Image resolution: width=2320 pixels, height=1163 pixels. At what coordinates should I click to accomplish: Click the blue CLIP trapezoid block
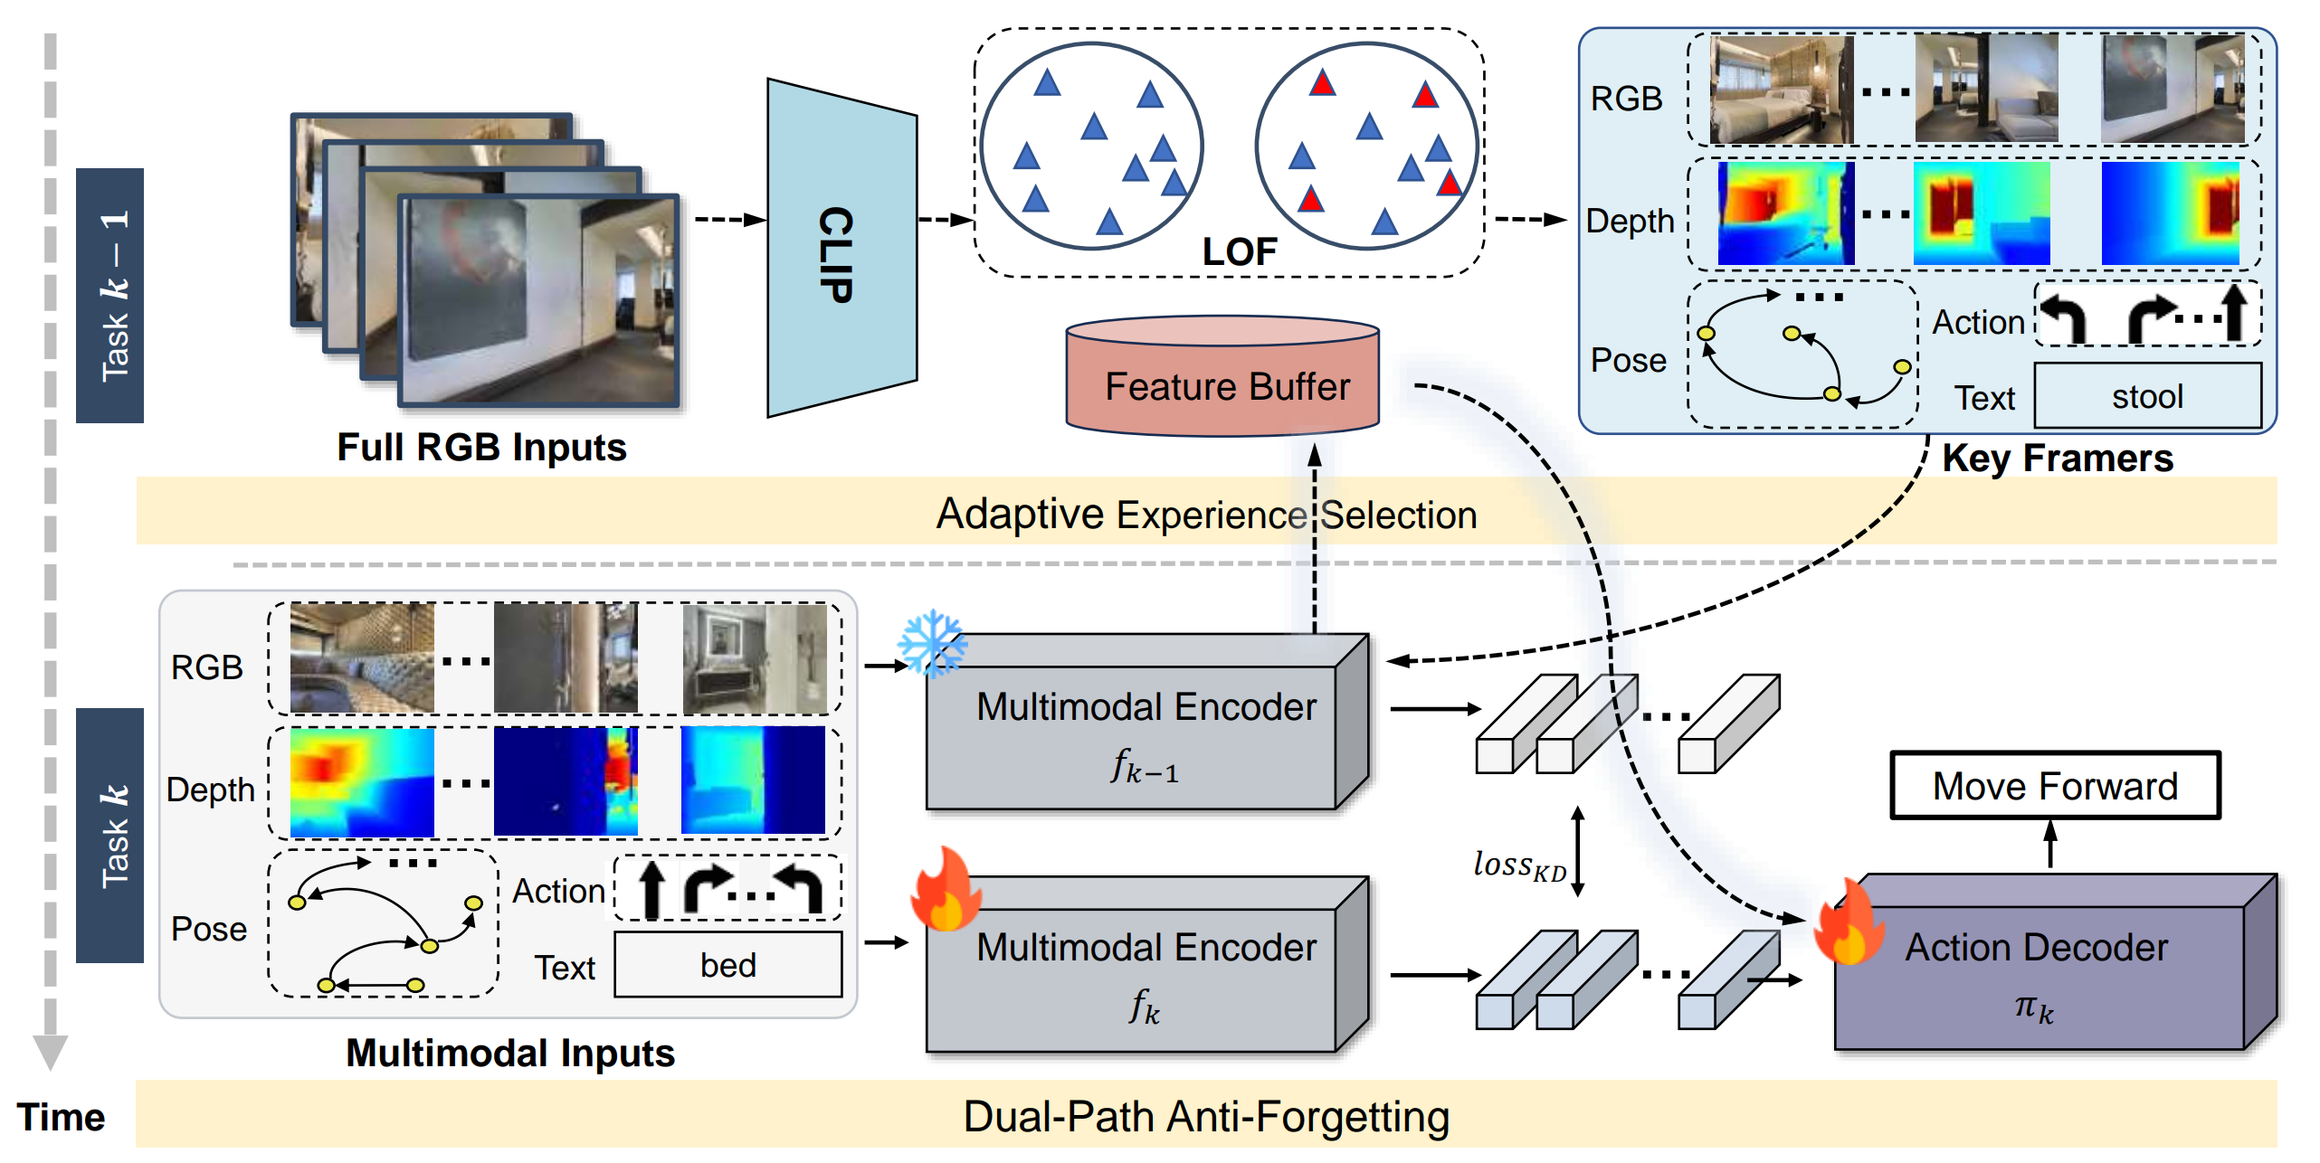[x=841, y=249]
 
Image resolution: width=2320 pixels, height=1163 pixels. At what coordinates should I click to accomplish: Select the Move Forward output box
[x=2054, y=785]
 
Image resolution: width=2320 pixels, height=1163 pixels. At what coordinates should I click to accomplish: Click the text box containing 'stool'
[x=2146, y=396]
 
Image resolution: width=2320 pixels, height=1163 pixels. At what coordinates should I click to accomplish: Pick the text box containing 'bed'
[x=727, y=965]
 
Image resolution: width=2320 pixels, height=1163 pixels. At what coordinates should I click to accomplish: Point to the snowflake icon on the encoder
[x=931, y=644]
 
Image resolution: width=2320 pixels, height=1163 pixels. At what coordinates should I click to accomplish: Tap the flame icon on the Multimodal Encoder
[x=946, y=892]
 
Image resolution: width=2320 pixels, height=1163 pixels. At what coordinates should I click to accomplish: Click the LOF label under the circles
[x=1239, y=251]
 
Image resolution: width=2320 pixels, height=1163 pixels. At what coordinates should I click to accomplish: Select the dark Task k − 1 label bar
[x=110, y=295]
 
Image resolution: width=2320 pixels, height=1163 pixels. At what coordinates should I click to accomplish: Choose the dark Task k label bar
[x=110, y=835]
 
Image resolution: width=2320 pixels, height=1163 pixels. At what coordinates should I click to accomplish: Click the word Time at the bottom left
[x=61, y=1117]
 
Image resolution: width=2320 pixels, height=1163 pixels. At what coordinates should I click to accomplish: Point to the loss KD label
[x=1519, y=865]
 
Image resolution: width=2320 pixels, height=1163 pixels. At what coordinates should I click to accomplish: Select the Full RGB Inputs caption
[x=481, y=447]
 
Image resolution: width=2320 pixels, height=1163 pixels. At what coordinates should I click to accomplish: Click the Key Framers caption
[x=2057, y=458]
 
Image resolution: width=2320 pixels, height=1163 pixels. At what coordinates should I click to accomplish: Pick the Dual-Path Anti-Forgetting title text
[x=1205, y=1116]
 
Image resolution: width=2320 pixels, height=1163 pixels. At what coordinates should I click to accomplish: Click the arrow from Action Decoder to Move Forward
[x=2050, y=843]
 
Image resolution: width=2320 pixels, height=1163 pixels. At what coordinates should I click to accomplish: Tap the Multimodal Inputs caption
[x=510, y=1053]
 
